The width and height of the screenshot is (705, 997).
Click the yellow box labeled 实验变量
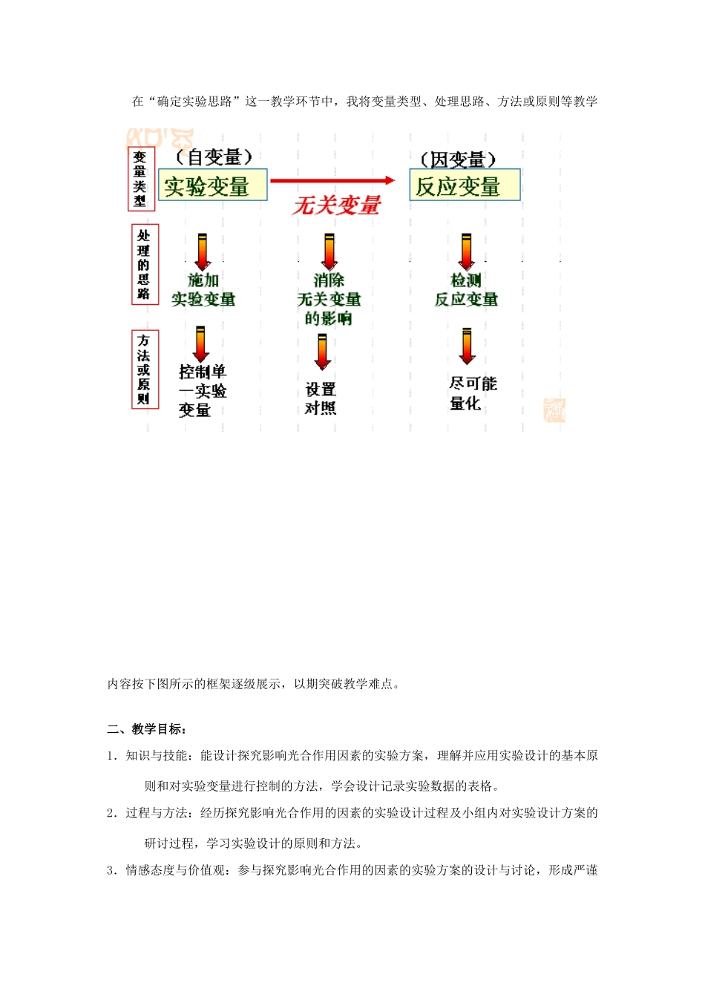pos(212,185)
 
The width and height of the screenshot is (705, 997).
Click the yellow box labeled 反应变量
pos(465,185)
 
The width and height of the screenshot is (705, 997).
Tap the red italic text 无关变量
pos(337,205)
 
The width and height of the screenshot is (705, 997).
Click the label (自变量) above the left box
pos(214,157)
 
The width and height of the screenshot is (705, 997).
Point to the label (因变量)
pos(458,159)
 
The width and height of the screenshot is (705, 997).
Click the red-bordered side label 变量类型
pos(140,179)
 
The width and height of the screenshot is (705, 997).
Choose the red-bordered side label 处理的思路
pos(144,265)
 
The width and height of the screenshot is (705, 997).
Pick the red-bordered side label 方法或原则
pos(144,369)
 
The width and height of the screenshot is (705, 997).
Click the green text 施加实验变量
pos(203,289)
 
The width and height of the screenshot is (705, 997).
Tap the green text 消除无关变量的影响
pos(329,299)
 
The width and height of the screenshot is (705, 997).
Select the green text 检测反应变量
pos(466,289)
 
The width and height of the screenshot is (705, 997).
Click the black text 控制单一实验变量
pos(202,391)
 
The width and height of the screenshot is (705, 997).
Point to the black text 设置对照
pos(321,398)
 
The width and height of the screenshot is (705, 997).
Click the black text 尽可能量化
pos(473,393)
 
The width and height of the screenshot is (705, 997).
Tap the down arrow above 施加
pos(203,252)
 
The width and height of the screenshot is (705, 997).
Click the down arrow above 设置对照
pos(322,352)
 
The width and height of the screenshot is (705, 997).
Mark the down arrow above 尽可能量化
pos(467,346)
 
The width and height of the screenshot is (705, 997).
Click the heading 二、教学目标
pos(147,729)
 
